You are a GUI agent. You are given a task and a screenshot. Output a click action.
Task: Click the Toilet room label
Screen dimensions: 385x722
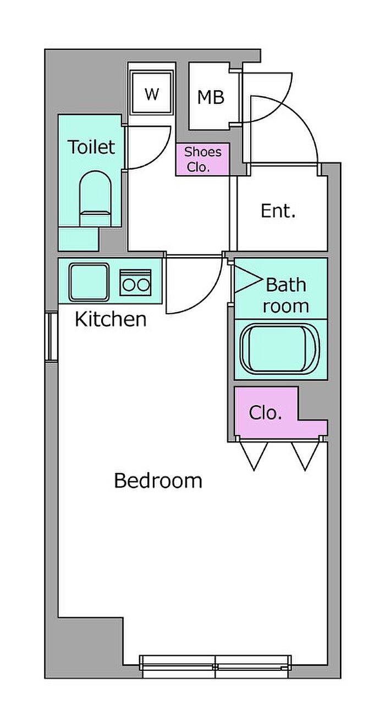coord(92,147)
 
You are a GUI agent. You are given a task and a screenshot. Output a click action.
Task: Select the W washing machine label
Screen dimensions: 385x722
coord(152,95)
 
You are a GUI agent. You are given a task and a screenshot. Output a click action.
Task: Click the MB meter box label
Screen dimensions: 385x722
coord(211,97)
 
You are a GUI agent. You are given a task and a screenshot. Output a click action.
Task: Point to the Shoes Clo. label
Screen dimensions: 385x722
coord(202,159)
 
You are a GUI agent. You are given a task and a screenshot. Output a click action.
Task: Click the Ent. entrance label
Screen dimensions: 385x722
coord(278,211)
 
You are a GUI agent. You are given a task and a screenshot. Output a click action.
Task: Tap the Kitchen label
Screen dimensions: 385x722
coord(111,319)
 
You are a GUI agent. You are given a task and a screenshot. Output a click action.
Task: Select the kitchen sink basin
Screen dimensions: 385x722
coord(89,282)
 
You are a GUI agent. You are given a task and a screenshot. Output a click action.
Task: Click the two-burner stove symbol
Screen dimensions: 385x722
coord(135,282)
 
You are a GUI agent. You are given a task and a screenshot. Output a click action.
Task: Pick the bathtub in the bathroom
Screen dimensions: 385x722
coord(280,349)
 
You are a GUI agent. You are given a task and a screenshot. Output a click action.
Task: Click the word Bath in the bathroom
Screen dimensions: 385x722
coord(286,285)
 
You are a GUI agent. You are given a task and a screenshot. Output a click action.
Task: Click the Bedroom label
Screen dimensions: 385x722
coord(158,481)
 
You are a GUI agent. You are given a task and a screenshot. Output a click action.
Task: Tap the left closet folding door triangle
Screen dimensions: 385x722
coord(254,456)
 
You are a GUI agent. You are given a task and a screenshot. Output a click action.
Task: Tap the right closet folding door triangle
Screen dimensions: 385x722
coord(305,456)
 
